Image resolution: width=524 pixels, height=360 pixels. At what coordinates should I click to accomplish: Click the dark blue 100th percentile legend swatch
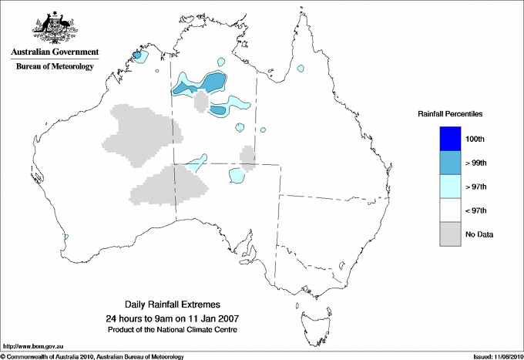pyautogui.click(x=451, y=139)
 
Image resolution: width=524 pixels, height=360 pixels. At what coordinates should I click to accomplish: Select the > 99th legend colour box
pyautogui.click(x=451, y=163)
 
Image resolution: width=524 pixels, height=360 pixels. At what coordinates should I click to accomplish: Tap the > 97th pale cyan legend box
pyautogui.click(x=451, y=187)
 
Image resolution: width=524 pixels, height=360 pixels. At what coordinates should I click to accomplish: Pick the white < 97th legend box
pyautogui.click(x=451, y=210)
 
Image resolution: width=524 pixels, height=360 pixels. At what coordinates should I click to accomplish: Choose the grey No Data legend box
pyautogui.click(x=451, y=234)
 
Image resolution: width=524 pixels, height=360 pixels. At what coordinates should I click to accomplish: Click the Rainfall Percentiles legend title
pyautogui.click(x=450, y=113)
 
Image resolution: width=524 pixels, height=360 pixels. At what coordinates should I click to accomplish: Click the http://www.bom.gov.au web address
pyautogui.click(x=33, y=346)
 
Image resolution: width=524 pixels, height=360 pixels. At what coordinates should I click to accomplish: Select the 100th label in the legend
pyautogui.click(x=475, y=139)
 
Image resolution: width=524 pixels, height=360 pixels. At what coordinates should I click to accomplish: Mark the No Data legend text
pyautogui.click(x=479, y=234)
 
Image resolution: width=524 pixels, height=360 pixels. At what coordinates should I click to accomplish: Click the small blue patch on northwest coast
pyautogui.click(x=136, y=56)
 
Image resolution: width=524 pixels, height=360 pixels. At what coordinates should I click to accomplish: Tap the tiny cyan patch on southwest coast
pyautogui.click(x=66, y=237)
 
